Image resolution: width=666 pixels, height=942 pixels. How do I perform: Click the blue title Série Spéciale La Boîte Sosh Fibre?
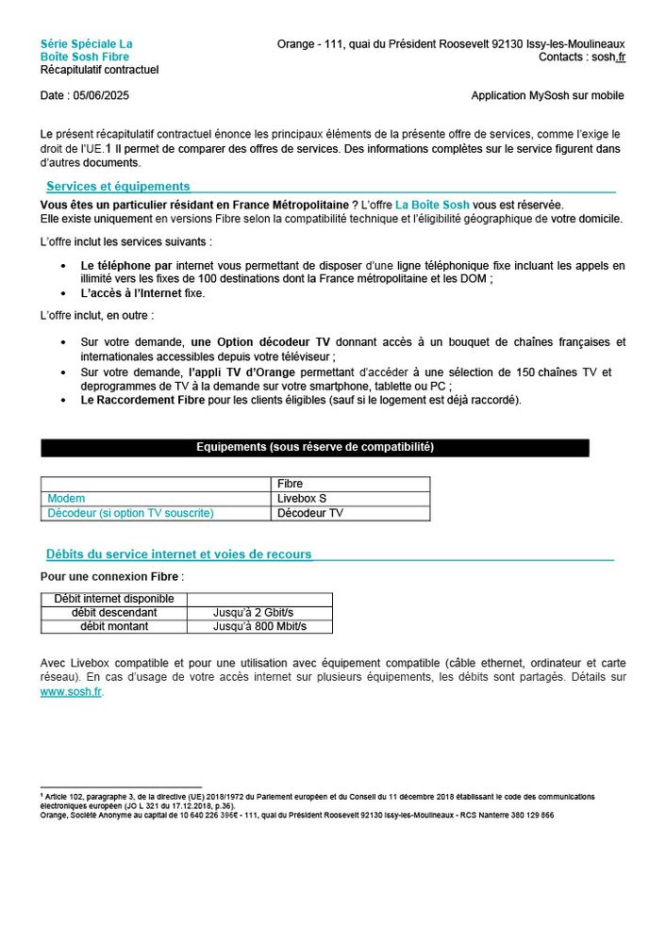[86, 50]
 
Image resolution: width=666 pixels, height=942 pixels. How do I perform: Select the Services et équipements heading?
[118, 186]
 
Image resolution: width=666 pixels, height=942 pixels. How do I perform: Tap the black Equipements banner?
[314, 447]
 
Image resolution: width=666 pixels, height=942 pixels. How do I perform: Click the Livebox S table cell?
[302, 498]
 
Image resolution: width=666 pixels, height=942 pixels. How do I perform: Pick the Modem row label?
[66, 498]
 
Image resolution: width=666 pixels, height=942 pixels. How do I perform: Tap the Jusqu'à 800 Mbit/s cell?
[259, 626]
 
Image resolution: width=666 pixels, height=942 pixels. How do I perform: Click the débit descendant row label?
[114, 613]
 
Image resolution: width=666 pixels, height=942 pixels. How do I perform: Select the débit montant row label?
[114, 626]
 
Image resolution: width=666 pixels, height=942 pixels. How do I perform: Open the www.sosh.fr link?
[71, 691]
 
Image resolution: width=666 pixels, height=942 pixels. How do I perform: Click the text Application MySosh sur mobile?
[547, 96]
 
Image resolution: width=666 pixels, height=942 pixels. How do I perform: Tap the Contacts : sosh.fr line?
[581, 57]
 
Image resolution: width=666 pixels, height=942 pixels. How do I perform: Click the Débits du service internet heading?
[178, 554]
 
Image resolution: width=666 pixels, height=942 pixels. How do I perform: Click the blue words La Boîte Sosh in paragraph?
[431, 205]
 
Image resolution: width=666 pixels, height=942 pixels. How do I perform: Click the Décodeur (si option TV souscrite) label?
[130, 513]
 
